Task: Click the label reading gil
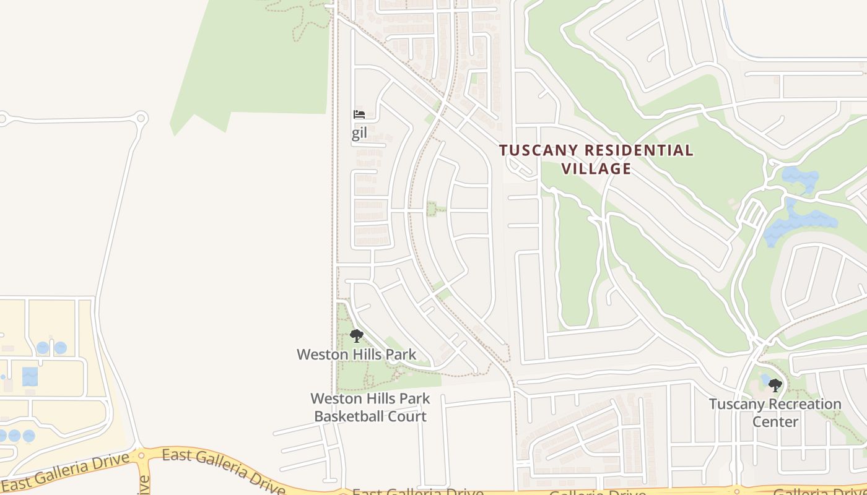click(359, 134)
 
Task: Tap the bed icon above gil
click(359, 114)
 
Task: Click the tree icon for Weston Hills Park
click(356, 337)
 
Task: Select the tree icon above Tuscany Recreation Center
click(775, 386)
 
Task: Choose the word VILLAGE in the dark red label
click(596, 168)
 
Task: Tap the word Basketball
click(349, 416)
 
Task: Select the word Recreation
click(802, 405)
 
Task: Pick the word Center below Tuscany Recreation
click(775, 422)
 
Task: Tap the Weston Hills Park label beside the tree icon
click(356, 355)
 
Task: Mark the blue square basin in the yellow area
click(30, 376)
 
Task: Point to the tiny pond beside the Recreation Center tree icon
click(765, 379)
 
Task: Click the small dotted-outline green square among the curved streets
click(432, 209)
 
